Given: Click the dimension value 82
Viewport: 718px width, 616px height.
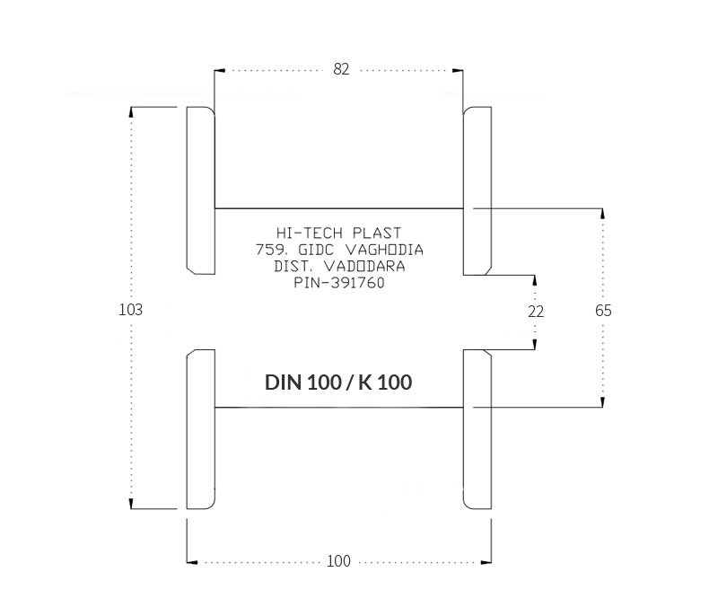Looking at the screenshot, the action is coord(341,69).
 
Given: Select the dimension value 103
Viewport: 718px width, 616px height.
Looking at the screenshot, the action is coord(130,310).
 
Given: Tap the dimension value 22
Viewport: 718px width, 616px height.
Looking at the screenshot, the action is coord(536,312).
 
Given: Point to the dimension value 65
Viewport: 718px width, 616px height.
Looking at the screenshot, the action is coord(603,311).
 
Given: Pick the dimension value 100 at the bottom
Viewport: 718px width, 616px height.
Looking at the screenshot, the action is coord(338,561).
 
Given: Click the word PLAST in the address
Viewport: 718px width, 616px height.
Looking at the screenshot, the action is coord(377,233).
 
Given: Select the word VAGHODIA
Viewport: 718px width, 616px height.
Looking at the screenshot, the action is coord(384,250).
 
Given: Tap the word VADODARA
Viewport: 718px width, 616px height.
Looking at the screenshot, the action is coord(364,266).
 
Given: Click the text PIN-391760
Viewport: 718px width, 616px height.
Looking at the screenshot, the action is coord(339,283).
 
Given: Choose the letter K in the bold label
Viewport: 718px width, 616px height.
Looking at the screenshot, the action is coord(365,383).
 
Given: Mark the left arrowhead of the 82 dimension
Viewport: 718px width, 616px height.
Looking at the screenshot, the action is coord(219,71).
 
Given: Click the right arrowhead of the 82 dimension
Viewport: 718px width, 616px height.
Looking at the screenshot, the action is coord(458,71).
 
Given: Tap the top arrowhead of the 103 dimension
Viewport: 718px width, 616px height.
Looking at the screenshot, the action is coord(131,112).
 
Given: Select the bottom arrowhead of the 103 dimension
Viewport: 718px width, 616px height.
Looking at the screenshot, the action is coord(131,504).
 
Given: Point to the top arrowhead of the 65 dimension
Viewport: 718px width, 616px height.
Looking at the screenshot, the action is coord(602,214).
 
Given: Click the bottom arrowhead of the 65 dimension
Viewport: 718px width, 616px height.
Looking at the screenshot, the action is coord(602,401).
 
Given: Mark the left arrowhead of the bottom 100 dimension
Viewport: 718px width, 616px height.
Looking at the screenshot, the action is coord(192,562).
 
